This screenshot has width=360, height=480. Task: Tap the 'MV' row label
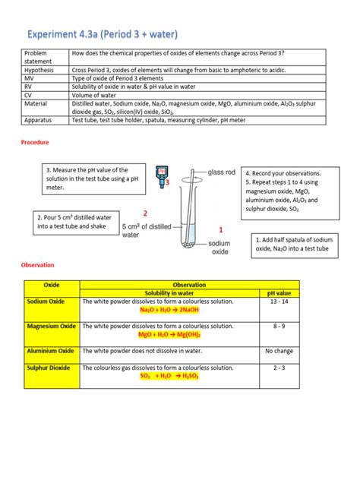click(x=30, y=77)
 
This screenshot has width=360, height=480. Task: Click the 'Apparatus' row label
click(x=39, y=120)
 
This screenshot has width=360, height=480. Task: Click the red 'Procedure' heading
click(x=36, y=141)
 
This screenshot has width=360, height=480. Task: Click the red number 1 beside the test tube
click(x=221, y=229)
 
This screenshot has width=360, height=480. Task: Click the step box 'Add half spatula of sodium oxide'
click(x=292, y=243)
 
